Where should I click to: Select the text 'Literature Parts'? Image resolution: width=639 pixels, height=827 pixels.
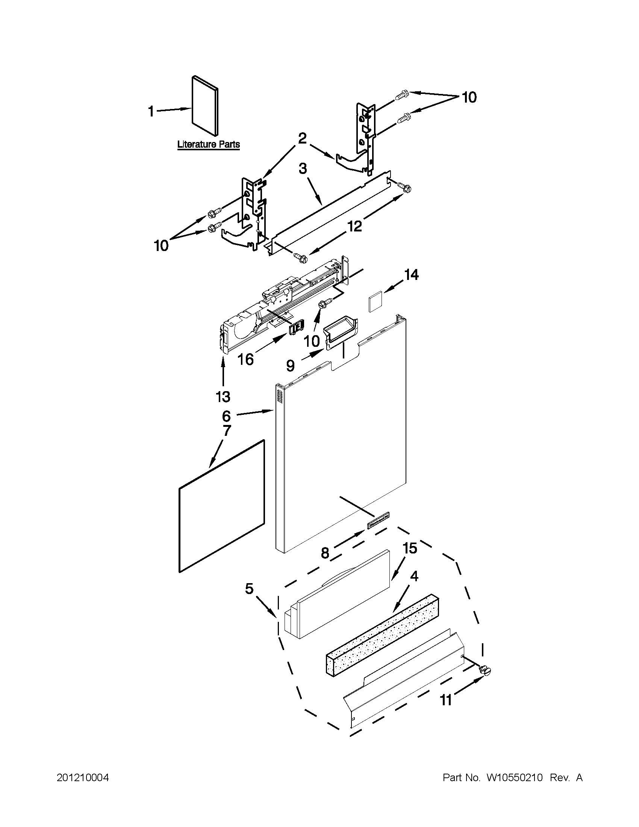click(x=209, y=144)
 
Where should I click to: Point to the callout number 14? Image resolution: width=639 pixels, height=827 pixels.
click(x=410, y=275)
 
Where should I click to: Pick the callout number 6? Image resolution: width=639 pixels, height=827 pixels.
click(x=226, y=416)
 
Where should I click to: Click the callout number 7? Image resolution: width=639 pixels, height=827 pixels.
click(x=227, y=431)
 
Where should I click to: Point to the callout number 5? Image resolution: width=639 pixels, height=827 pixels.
click(x=249, y=588)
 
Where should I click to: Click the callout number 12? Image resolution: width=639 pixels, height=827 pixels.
click(x=354, y=226)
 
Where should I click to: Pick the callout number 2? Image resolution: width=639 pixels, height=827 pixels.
click(x=302, y=139)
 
